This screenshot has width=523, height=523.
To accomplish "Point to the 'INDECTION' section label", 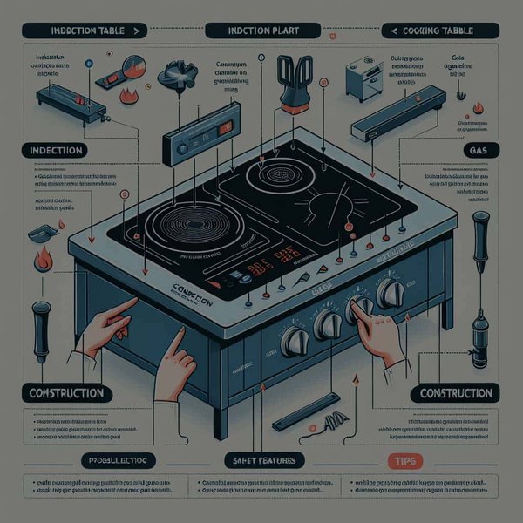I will [x=52, y=150].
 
